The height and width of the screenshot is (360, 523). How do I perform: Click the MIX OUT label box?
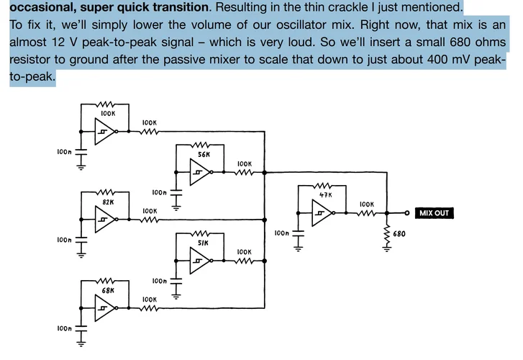coord(435,213)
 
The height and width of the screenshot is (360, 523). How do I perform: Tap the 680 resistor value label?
coord(399,234)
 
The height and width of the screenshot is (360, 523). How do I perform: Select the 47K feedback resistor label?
coord(326,194)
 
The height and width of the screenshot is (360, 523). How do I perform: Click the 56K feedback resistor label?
coord(204,155)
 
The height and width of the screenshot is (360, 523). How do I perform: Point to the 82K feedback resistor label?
coord(108,202)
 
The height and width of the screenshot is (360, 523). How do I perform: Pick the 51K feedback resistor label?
coord(203,243)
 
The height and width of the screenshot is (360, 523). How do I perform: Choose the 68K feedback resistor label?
coord(108,291)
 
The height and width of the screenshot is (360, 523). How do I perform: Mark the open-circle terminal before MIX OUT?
coord(407,212)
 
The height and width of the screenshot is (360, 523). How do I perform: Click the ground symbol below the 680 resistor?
coord(387,248)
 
